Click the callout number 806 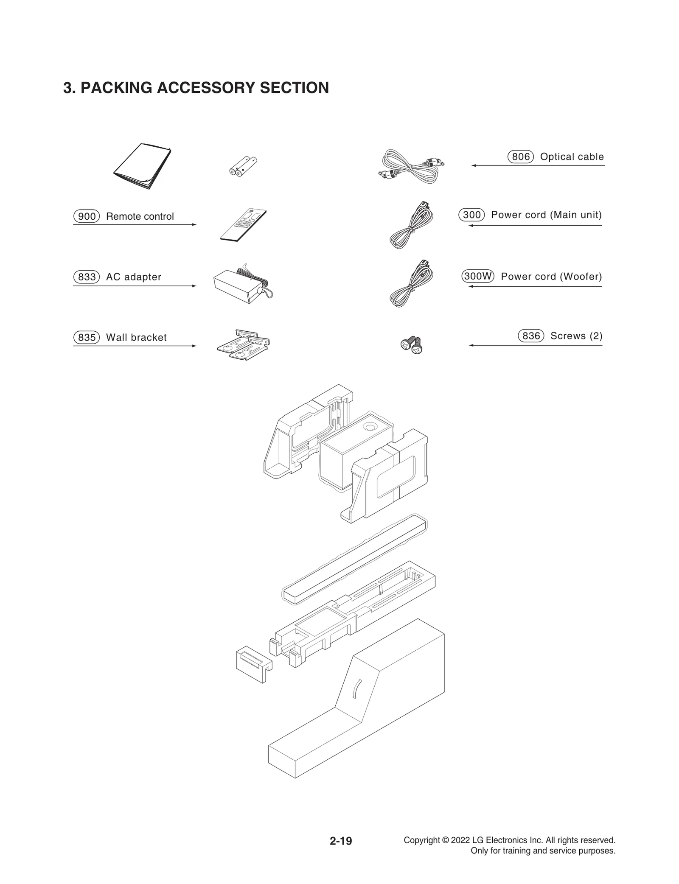pos(520,157)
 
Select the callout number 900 pos(87,216)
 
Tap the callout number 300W pos(477,277)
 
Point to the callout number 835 pos(87,338)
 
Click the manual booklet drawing pos(142,167)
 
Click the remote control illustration pos(244,225)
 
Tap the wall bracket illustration pos(243,344)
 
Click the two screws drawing pos(412,345)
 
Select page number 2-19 pos(341,841)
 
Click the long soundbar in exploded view pos(354,559)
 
